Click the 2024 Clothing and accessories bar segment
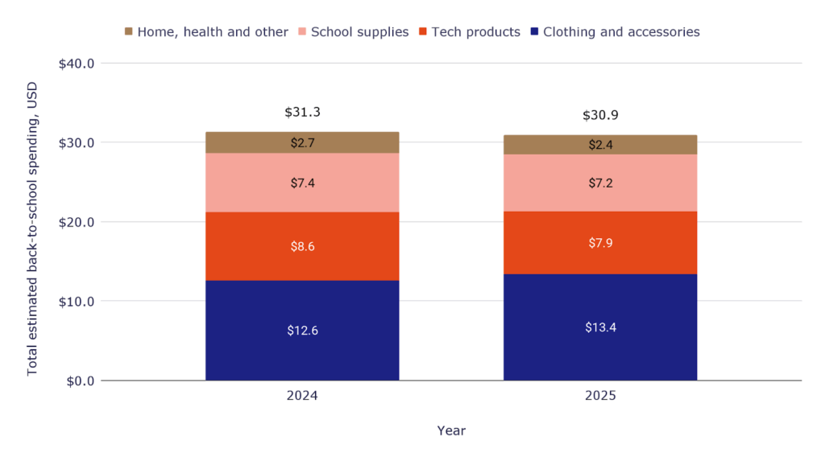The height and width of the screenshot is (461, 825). (302, 330)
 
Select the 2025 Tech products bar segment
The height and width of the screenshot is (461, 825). (600, 242)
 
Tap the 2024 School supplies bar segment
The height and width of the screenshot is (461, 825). (302, 183)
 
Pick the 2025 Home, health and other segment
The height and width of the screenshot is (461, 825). (600, 145)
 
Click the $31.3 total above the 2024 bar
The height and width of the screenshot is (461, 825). (302, 113)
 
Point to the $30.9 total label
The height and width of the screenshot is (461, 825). (600, 116)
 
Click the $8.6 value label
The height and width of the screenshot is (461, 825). (302, 247)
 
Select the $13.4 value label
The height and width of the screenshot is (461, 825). (600, 327)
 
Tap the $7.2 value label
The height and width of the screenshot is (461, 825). (600, 183)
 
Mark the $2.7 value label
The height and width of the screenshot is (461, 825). (302, 143)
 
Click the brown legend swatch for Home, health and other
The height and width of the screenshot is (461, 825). (128, 31)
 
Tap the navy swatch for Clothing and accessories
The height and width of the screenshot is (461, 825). (534, 31)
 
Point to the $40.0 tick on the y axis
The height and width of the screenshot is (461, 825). (77, 64)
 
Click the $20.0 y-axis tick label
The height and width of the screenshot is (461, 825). (77, 222)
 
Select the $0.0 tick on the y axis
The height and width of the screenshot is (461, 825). (79, 381)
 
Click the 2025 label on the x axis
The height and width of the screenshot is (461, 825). (600, 397)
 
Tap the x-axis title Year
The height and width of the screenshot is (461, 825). (451, 430)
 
